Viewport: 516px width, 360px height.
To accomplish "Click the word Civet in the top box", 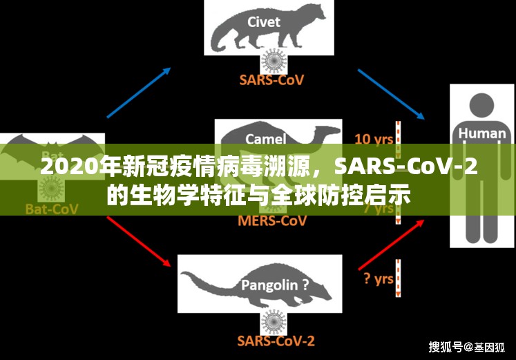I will [x=264, y=21].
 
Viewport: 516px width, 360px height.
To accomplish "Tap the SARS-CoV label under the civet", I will [x=271, y=79].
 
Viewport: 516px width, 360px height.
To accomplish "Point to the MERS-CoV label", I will [x=272, y=222].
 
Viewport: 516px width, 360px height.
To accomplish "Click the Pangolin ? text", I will [x=275, y=284].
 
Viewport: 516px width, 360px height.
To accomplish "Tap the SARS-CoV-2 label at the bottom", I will [x=276, y=341].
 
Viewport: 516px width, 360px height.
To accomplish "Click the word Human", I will [x=482, y=133].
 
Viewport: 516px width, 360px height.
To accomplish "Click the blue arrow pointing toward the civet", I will [x=139, y=93].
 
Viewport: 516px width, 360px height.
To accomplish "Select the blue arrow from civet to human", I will [x=390, y=93].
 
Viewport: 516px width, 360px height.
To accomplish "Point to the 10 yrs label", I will [x=374, y=139].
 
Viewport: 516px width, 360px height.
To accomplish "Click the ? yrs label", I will [x=378, y=278].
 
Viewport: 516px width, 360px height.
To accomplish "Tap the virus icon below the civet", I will [x=275, y=60].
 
